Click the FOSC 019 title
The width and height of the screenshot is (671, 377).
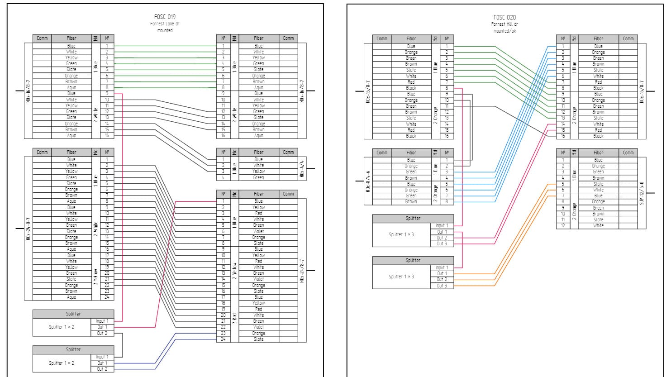(x=165, y=17)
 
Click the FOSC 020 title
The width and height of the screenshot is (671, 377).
(x=505, y=18)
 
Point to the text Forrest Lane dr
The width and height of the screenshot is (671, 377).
(x=165, y=24)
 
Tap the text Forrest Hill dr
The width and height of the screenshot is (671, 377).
(x=505, y=24)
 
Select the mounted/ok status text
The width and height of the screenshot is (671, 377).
(x=505, y=31)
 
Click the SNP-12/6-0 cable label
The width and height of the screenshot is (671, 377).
(x=642, y=193)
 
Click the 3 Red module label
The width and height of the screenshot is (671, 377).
(x=234, y=318)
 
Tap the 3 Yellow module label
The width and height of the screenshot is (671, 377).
(x=95, y=276)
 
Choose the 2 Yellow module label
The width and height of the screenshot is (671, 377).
(x=234, y=270)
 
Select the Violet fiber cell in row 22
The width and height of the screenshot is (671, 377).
(x=258, y=327)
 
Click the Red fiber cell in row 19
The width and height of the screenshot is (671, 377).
(x=258, y=309)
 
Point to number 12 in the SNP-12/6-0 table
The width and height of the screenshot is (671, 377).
(x=563, y=225)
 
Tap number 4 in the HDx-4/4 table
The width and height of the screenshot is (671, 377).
(x=223, y=177)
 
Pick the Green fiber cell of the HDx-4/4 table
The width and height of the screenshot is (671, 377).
(x=258, y=177)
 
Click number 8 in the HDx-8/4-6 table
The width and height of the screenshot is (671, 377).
(x=447, y=201)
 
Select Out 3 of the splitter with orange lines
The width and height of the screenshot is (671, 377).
(x=442, y=286)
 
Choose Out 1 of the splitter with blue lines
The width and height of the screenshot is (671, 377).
(x=102, y=363)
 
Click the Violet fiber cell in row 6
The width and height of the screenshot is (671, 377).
(x=258, y=231)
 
